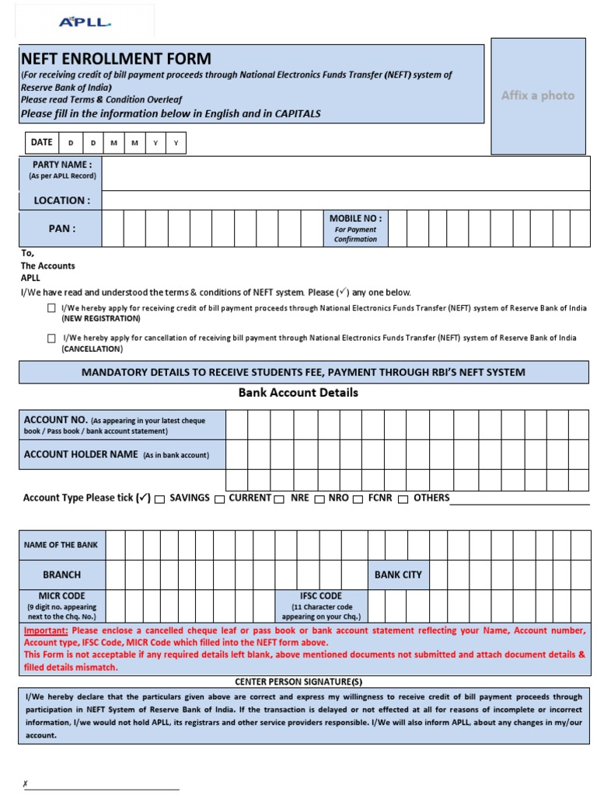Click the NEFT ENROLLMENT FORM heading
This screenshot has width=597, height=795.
[x=116, y=59]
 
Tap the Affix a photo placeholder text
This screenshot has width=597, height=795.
[x=538, y=95]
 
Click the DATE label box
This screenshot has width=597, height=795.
[x=41, y=143]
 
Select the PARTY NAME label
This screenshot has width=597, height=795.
[x=61, y=165]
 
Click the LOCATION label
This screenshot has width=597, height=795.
[x=61, y=200]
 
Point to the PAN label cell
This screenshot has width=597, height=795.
[x=61, y=229]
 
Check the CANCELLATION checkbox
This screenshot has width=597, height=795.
[x=51, y=338]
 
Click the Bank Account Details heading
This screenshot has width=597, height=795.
[x=298, y=393]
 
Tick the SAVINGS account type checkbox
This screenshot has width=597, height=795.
[x=159, y=499]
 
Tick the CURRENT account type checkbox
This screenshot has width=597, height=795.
[x=219, y=499]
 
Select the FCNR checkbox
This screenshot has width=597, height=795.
[x=358, y=499]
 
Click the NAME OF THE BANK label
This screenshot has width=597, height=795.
[x=61, y=545]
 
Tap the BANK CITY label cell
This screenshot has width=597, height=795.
[x=398, y=575]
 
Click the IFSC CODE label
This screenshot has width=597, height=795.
[x=321, y=596]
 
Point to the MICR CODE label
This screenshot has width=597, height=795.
[x=61, y=596]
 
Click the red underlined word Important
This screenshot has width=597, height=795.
[x=46, y=631]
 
